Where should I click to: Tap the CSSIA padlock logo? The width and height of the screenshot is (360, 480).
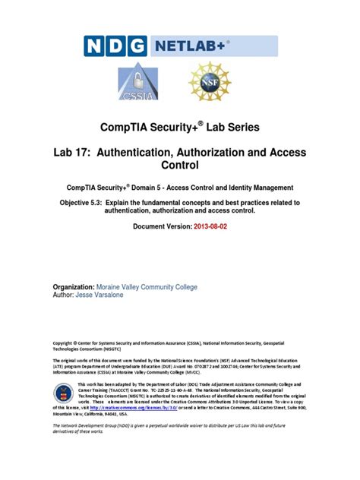[x=134, y=87]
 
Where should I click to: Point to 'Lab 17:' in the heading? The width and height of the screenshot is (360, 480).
[x=77, y=152]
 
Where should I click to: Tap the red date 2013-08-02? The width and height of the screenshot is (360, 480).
[x=208, y=227]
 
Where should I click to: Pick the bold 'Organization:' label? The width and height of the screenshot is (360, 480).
[x=77, y=287]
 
